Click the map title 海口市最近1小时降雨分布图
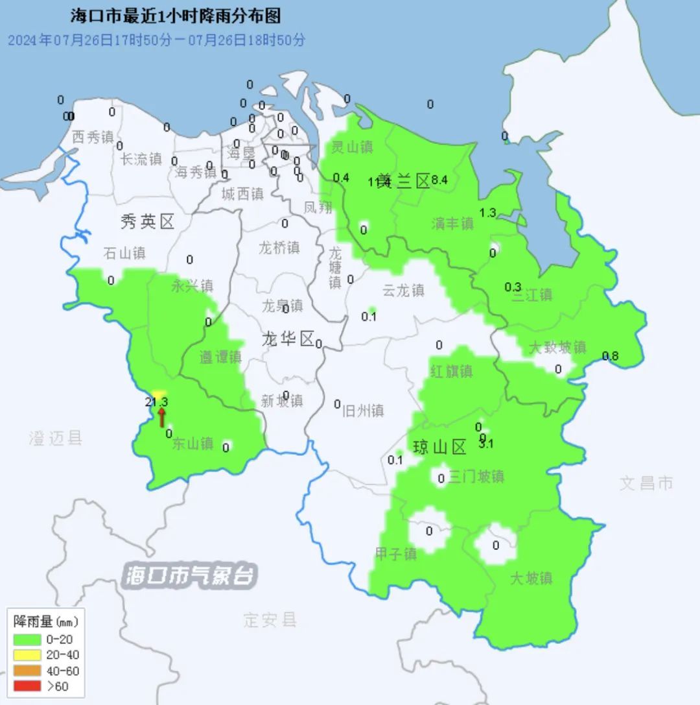point(176,16)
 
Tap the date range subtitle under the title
point(156,40)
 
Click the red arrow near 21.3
point(161,417)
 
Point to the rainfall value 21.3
point(157,401)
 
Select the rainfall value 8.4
point(439,180)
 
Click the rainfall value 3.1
point(486,444)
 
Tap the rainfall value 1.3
point(487,213)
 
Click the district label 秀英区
point(148,222)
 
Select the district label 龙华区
point(288,338)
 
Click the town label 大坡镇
point(531,577)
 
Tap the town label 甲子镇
point(395,554)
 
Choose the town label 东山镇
point(192,444)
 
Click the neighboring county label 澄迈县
point(56,438)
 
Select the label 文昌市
point(646,483)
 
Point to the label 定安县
point(270,619)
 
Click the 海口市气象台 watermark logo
point(191,575)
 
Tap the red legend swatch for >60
point(27,687)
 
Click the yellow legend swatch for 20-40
point(27,655)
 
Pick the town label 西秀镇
point(93,137)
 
